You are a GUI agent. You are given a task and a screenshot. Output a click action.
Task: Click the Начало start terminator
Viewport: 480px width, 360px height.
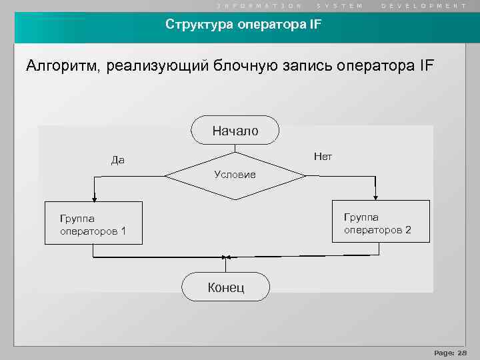click(235, 131)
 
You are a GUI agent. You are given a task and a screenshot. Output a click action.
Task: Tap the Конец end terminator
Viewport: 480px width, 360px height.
click(226, 287)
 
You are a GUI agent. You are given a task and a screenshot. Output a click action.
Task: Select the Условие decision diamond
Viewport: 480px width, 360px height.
click(235, 175)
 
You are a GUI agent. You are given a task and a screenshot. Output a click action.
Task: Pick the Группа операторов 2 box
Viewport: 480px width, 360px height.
click(377, 223)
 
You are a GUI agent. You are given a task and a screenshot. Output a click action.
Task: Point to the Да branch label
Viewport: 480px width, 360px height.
click(118, 160)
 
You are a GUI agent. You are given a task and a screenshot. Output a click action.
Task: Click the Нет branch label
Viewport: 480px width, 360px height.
click(323, 157)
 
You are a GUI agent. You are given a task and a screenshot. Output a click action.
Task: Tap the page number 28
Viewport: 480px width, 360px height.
click(463, 352)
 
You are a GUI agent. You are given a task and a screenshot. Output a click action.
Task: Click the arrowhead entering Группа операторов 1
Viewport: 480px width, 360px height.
click(95, 198)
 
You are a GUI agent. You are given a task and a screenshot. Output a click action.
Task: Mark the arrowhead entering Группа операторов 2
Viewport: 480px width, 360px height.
click(376, 197)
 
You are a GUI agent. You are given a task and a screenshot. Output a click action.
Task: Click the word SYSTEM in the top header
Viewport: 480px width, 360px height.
click(339, 5)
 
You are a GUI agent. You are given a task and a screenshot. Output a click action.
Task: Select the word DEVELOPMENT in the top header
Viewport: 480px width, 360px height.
click(424, 5)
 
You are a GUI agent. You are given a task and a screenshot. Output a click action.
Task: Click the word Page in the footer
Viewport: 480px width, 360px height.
click(443, 352)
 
